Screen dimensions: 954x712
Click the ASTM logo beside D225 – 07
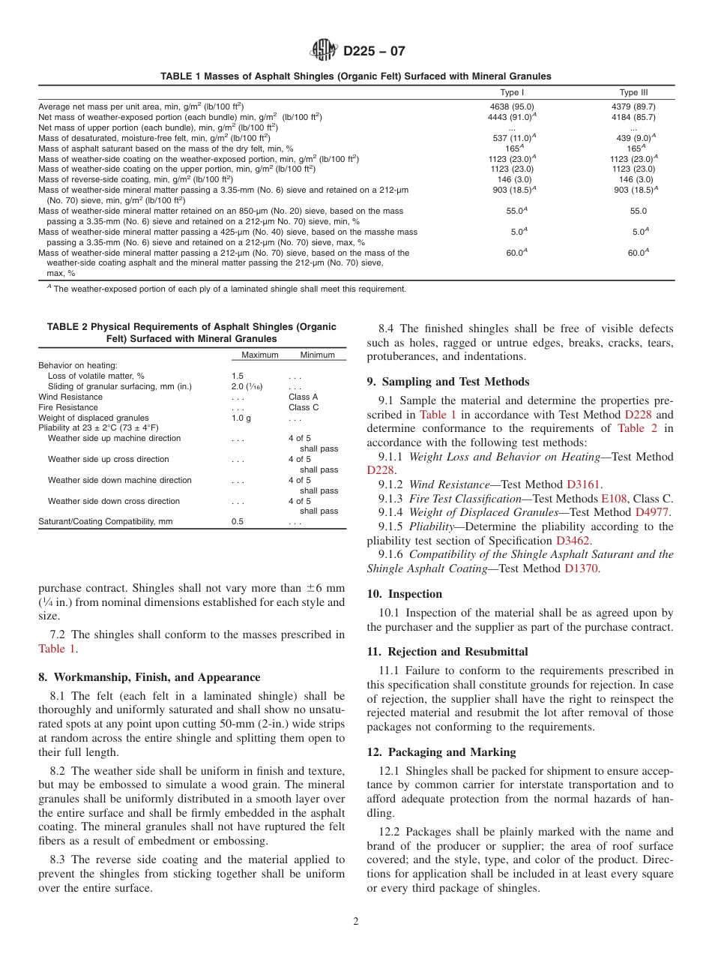tap(324, 52)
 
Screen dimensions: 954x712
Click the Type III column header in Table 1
tap(633, 93)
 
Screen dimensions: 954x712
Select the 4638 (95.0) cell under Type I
tap(511, 106)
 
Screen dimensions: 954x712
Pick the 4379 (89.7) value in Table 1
tap(633, 106)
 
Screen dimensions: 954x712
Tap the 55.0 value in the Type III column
tap(633, 212)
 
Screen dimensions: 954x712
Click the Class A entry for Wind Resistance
tap(303, 397)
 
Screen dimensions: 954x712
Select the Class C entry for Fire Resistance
tap(303, 407)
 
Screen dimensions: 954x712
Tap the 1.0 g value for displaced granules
tap(241, 418)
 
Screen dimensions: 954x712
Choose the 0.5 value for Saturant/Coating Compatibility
tap(237, 521)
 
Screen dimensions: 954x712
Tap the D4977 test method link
tap(654, 512)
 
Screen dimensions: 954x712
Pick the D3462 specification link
tap(573, 540)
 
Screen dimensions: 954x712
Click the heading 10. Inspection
tap(405, 594)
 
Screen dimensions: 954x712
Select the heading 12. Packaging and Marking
tap(441, 752)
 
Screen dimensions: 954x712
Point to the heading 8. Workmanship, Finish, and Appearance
tap(149, 677)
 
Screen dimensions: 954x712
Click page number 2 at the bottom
tap(355, 922)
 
